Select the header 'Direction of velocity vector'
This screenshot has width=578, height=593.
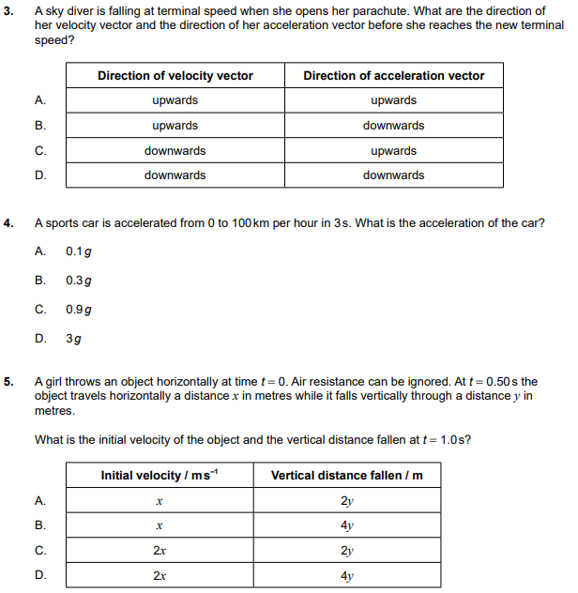click(x=175, y=76)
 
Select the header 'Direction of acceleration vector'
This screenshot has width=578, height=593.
click(x=393, y=76)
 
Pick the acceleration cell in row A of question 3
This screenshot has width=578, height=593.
click(x=393, y=100)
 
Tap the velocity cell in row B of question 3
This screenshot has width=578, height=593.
click(x=175, y=126)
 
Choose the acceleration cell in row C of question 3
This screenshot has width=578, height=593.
click(x=393, y=150)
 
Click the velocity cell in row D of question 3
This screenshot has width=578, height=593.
click(x=175, y=175)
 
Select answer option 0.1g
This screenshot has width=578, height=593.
click(x=79, y=251)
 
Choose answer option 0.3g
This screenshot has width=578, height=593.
click(x=79, y=280)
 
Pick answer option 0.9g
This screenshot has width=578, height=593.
click(x=79, y=309)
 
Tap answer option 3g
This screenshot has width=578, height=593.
click(x=73, y=338)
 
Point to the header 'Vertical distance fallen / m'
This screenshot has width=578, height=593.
click(x=347, y=476)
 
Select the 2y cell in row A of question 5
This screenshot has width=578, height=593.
click(x=347, y=501)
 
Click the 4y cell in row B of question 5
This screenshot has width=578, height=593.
click(x=347, y=525)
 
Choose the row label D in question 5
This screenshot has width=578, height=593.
click(x=40, y=576)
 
